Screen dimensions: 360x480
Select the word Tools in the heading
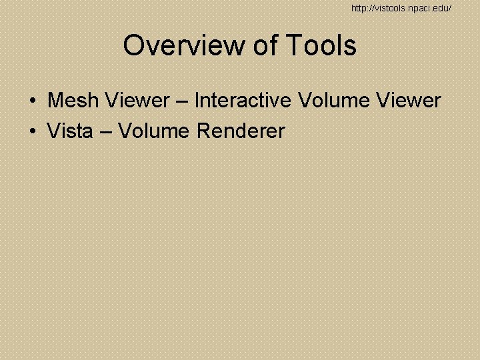coord(322,46)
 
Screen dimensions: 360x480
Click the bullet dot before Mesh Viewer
coord(32,101)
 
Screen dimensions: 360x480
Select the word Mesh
coord(71,101)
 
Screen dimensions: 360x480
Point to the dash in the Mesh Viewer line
coord(182,101)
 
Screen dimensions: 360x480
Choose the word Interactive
coord(243,101)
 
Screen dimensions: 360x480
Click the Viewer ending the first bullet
coord(408,101)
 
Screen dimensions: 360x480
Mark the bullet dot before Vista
coord(32,132)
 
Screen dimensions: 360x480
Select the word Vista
coord(70,131)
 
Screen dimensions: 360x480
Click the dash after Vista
coord(105,132)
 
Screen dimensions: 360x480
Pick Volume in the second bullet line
coord(155,131)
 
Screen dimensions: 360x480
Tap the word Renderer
coord(241,131)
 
